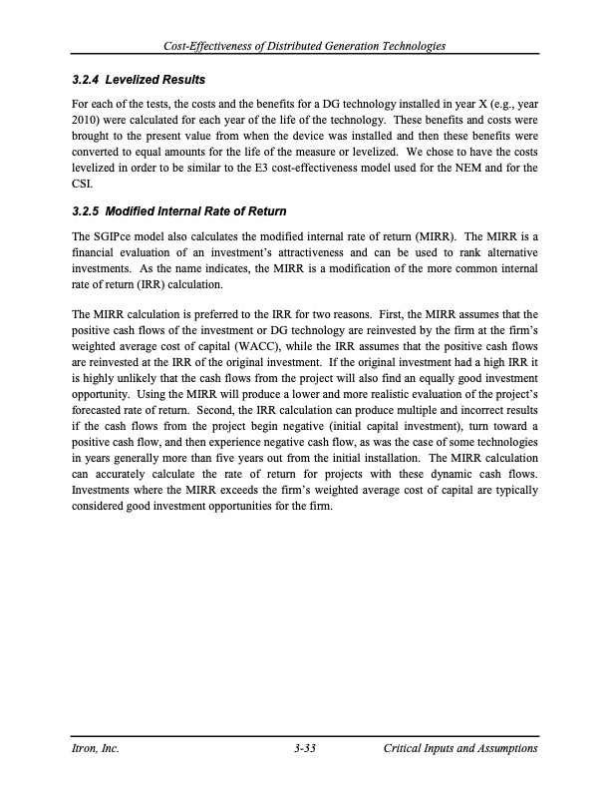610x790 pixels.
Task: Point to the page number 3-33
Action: pyautogui.click(x=302, y=748)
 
